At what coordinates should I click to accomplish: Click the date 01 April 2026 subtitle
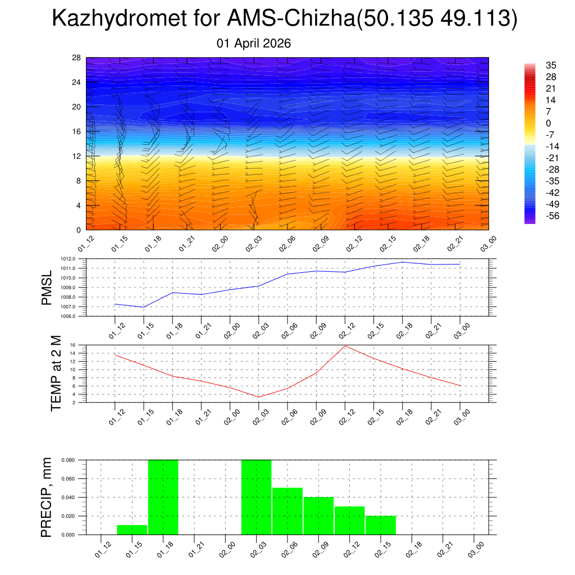254,43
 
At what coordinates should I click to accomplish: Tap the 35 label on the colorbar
551,65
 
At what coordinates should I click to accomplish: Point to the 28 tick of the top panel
76,58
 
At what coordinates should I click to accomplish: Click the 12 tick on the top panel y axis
76,156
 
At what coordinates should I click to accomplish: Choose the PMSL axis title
47,287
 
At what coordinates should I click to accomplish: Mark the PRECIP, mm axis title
47,497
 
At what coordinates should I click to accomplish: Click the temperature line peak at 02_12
345,345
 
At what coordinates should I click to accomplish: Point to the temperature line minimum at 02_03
258,397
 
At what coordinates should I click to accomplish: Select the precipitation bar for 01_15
132,530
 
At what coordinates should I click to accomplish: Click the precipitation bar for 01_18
163,497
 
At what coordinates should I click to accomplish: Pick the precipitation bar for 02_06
287,511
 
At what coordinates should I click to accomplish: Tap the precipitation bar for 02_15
381,525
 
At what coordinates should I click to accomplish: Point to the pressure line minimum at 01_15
143,307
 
